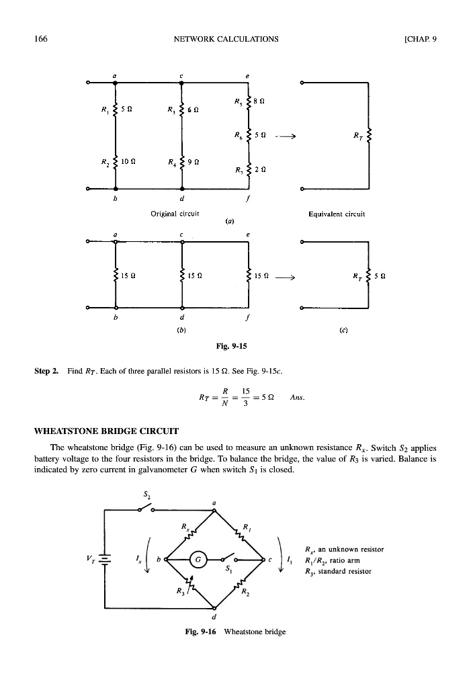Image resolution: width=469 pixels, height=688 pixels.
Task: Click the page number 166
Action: point(40,38)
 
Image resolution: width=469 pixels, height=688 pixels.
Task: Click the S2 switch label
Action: point(147,496)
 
